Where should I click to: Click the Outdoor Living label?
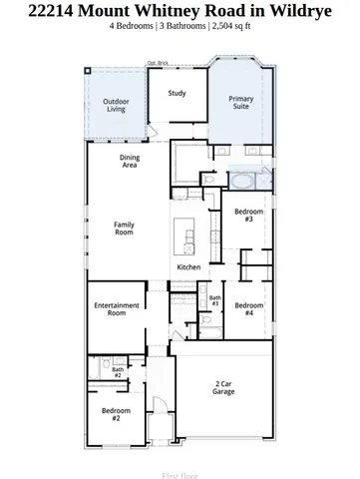pyautogui.click(x=117, y=105)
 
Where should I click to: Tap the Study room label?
pyautogui.click(x=177, y=94)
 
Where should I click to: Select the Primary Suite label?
pyautogui.click(x=240, y=102)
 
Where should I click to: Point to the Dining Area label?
pyautogui.click(x=130, y=161)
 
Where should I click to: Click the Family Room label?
pyautogui.click(x=124, y=228)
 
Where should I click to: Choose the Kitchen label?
pyautogui.click(x=189, y=267)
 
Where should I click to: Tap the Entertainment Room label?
pyautogui.click(x=117, y=309)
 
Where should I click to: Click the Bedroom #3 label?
pyautogui.click(x=248, y=216)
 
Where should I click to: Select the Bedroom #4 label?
pyautogui.click(x=248, y=308)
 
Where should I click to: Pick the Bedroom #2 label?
pyautogui.click(x=116, y=413)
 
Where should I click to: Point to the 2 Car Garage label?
pyautogui.click(x=224, y=388)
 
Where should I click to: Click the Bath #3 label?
pyautogui.click(x=214, y=300)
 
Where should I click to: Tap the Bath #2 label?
pyautogui.click(x=117, y=372)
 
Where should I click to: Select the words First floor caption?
pyautogui.click(x=180, y=476)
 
